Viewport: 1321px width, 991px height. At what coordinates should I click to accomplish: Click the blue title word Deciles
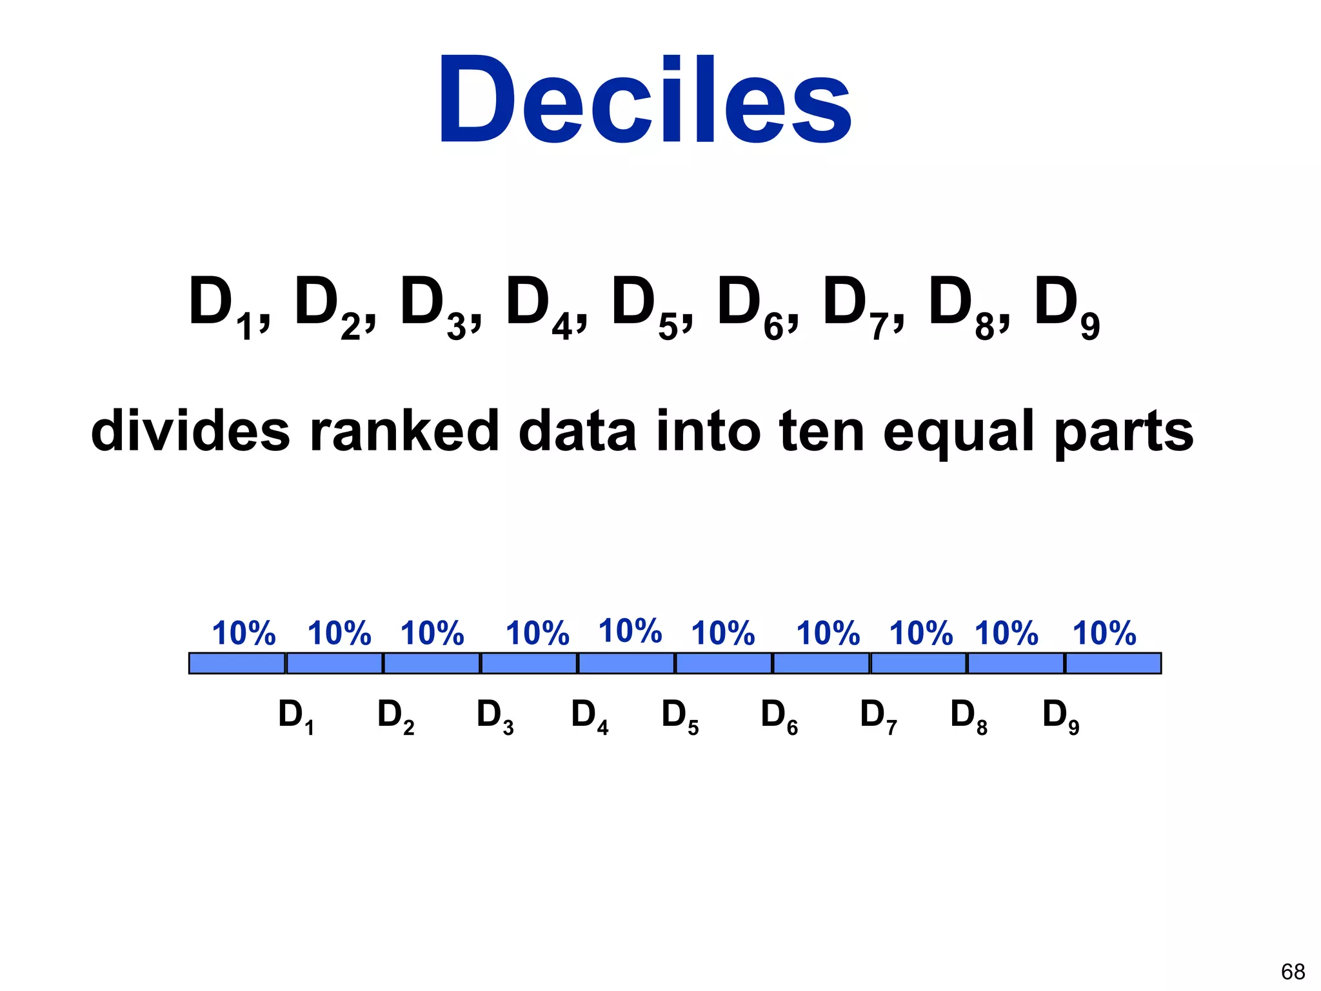click(x=645, y=100)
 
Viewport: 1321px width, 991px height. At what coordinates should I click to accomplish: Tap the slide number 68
click(x=1293, y=972)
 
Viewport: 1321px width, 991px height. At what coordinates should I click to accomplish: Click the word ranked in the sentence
click(x=404, y=430)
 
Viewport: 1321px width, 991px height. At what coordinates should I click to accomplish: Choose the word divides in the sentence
click(x=190, y=430)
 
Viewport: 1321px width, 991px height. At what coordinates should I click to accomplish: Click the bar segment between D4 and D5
click(x=626, y=663)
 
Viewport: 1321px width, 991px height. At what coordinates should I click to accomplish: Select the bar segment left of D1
click(x=237, y=663)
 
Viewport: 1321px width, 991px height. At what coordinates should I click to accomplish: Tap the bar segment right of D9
click(x=1113, y=663)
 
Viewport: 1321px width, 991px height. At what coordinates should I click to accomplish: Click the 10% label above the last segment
click(x=1104, y=633)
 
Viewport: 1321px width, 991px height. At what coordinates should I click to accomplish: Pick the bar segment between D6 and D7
click(x=821, y=663)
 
